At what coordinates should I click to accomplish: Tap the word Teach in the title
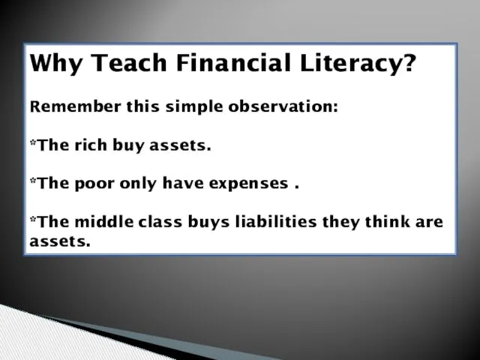128,62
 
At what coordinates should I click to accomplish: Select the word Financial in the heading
233,62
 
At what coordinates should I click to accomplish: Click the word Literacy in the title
351,63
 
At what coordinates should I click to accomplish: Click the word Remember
75,106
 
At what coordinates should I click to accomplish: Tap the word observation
283,106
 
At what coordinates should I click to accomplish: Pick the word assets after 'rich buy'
180,145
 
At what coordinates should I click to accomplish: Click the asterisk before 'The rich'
33,142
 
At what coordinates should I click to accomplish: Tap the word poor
94,184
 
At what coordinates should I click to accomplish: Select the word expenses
248,184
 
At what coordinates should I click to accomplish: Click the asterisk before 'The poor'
33,181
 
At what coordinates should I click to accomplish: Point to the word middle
104,221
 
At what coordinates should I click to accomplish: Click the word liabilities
276,221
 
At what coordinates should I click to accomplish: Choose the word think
387,221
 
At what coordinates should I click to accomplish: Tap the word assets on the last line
60,241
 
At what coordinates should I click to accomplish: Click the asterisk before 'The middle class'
33,219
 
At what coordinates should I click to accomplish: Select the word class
160,221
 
